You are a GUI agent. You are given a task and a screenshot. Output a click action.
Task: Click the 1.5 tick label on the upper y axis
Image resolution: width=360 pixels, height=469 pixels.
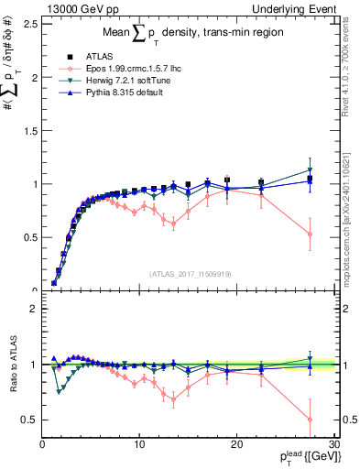pos(29,131)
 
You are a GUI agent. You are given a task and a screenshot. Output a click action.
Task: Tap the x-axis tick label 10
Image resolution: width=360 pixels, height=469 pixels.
pos(138,444)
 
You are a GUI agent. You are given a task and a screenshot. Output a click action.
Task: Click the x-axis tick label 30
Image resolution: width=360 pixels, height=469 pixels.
pos(333,444)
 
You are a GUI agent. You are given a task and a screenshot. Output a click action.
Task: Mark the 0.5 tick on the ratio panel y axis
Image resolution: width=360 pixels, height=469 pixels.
pos(29,420)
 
